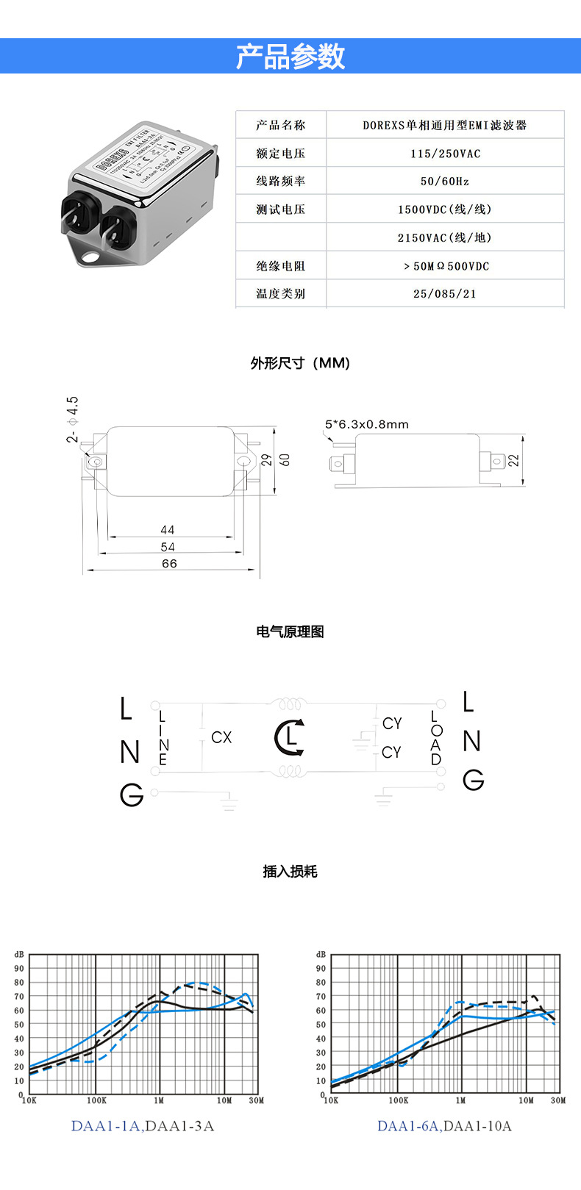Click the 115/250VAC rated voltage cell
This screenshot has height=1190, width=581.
pos(445,154)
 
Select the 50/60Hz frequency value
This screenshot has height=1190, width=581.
pos(445,181)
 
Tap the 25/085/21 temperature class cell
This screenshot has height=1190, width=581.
pos(445,294)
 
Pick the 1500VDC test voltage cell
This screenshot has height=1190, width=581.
pos(445,209)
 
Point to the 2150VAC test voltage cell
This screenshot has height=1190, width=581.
pos(445,237)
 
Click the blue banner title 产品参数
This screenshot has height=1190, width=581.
pos(290,57)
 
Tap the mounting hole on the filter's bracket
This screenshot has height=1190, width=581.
pos(90,257)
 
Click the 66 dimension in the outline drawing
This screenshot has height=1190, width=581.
pos(169,564)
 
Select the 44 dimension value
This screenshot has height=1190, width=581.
pos(168,530)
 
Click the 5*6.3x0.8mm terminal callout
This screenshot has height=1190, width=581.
pos(366,424)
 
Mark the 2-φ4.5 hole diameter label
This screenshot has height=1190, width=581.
pos(73,419)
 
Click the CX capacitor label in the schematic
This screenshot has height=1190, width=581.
pos(221,737)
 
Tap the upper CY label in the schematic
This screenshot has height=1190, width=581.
pos(392,724)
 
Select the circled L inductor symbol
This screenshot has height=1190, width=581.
pos(290,737)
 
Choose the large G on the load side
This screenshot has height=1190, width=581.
pos(473,779)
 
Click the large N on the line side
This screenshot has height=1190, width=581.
pos(129,752)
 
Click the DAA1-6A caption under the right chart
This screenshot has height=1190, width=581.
pos(409,1126)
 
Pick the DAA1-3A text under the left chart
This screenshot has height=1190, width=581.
pos(180,1126)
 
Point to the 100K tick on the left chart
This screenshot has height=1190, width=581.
pos(96,1100)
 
